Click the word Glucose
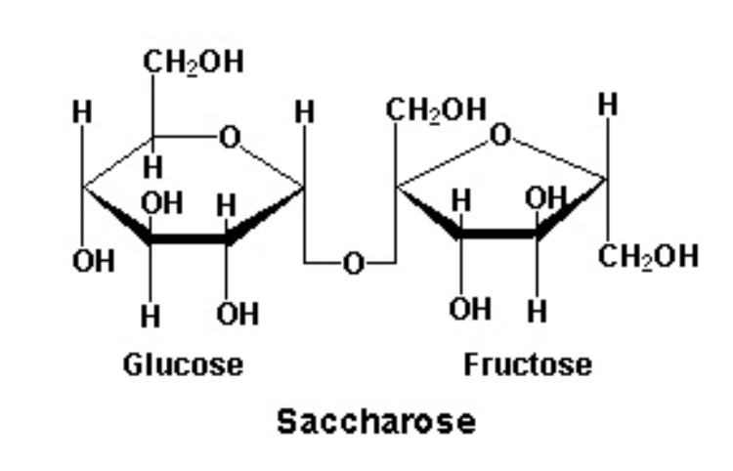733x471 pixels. click(183, 364)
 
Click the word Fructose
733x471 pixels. click(527, 364)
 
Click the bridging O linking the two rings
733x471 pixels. click(352, 262)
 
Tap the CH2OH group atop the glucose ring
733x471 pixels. click(194, 63)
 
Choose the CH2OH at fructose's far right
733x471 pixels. click(648, 256)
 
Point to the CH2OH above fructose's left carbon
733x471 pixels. click(436, 108)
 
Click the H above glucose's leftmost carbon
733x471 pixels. click(83, 112)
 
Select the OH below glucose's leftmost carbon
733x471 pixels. click(92, 262)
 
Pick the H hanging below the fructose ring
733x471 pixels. click(537, 313)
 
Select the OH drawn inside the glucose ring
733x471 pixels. click(161, 203)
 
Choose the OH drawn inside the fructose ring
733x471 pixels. click(544, 199)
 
